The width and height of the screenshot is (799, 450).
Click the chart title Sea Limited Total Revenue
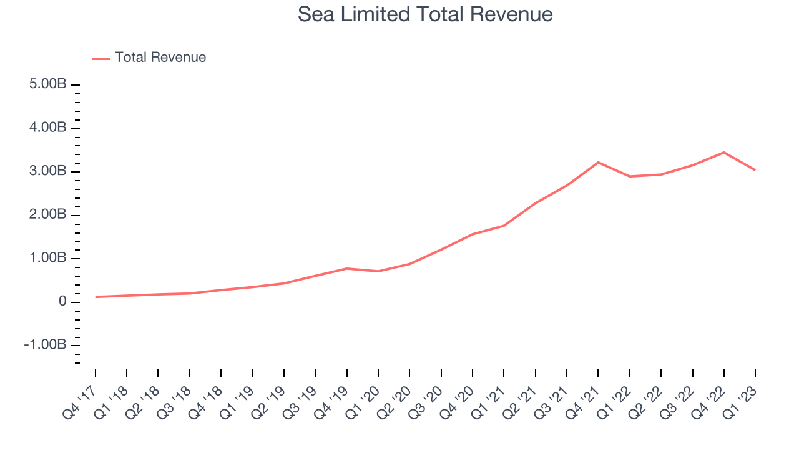coord(425,14)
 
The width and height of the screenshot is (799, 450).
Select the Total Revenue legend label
coord(160,57)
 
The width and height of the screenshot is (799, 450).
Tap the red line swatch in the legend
coord(101,59)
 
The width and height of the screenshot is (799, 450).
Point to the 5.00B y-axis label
coord(48,84)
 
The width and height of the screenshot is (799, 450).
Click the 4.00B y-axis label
coord(48,127)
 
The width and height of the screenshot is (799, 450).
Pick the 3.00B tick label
coord(48,171)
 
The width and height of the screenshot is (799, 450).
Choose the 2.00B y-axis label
coord(48,214)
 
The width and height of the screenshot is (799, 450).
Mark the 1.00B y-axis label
coord(48,257)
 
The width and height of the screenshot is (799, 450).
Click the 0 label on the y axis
coord(62,301)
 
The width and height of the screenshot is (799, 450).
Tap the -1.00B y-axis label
coord(46,344)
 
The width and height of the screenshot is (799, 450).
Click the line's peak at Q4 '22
coord(723,152)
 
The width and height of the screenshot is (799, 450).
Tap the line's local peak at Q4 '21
coord(598,162)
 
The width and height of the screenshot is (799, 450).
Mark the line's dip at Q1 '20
coord(378,271)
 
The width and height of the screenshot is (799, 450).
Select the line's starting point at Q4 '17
coord(96,297)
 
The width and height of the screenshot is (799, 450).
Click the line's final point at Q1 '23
coord(755,170)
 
